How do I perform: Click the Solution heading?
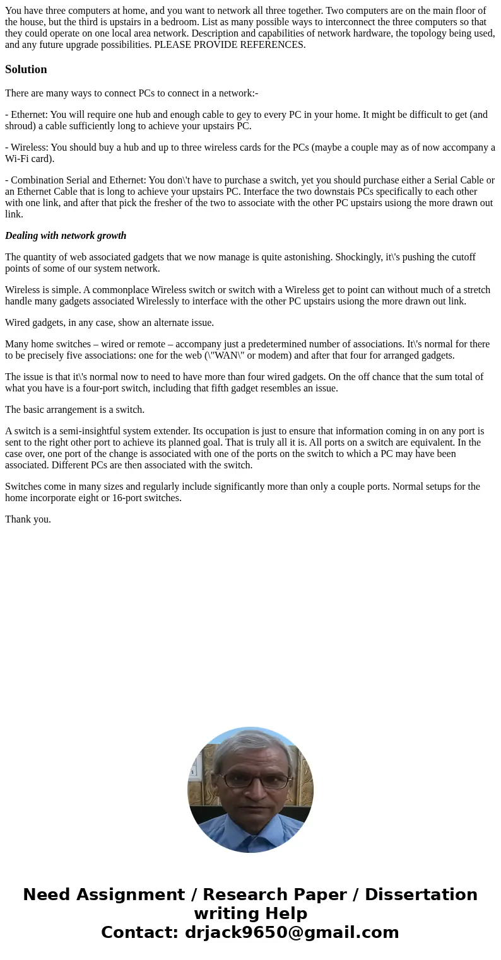pyautogui.click(x=26, y=69)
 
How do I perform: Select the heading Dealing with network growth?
pyautogui.click(x=66, y=236)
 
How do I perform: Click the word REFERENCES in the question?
pyautogui.click(x=272, y=45)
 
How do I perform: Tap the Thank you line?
pyautogui.click(x=28, y=519)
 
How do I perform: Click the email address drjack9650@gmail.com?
pyautogui.click(x=292, y=932)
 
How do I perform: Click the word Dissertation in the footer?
pyautogui.click(x=421, y=895)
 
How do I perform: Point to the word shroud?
pyautogui.click(x=19, y=126)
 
